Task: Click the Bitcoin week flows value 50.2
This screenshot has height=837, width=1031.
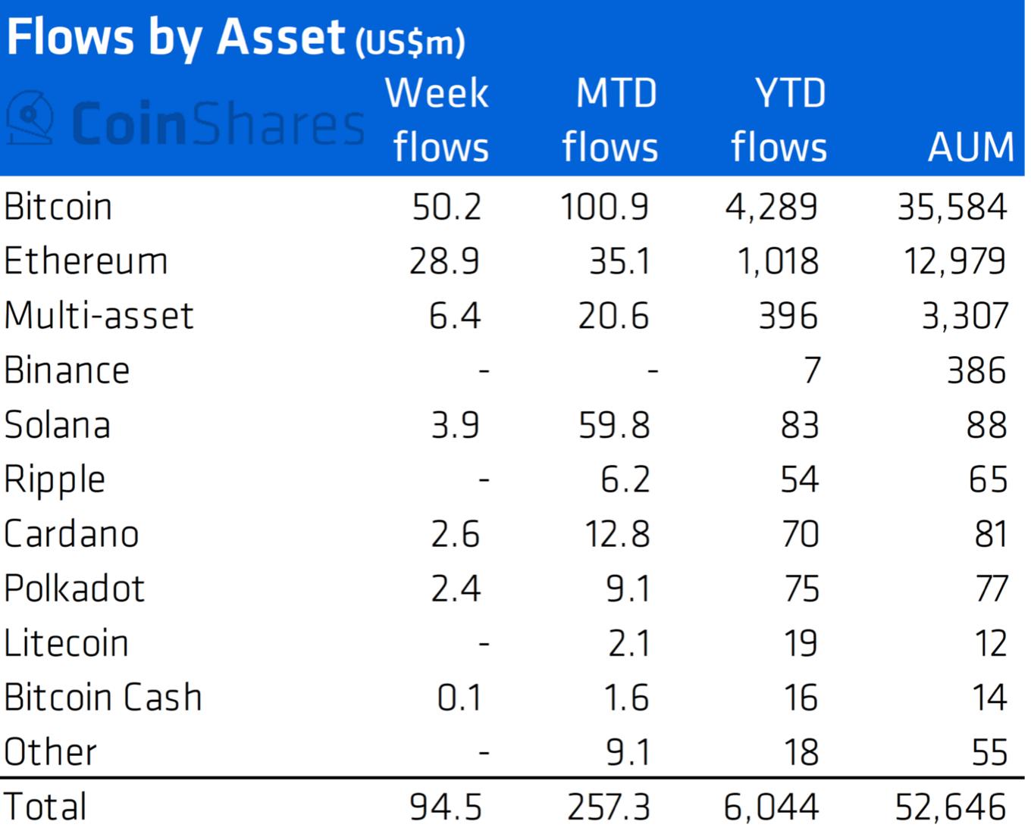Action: (x=447, y=207)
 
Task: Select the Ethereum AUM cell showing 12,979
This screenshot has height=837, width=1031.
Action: (x=954, y=261)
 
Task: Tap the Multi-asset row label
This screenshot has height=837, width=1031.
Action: (x=99, y=316)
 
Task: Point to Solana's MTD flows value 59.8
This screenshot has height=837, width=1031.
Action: (x=614, y=425)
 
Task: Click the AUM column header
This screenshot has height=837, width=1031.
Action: (x=970, y=146)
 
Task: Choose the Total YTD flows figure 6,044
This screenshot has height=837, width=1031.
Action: (x=770, y=807)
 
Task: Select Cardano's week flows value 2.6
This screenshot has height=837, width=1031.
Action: (x=455, y=534)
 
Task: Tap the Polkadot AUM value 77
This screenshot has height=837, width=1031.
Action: (x=992, y=589)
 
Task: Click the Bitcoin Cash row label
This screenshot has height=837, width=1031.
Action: (x=102, y=698)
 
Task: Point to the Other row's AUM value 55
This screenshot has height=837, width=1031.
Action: (x=989, y=752)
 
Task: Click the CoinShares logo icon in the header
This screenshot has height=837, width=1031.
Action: (x=30, y=117)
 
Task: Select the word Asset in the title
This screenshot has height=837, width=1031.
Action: (x=280, y=37)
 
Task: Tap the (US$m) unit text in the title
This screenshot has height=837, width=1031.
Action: (x=410, y=42)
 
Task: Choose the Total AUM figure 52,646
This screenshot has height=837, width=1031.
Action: (x=951, y=807)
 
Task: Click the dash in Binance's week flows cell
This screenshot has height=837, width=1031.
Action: (x=484, y=371)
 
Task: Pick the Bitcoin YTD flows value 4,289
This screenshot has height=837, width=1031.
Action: (x=771, y=207)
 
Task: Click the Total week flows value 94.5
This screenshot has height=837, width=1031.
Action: (x=445, y=807)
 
